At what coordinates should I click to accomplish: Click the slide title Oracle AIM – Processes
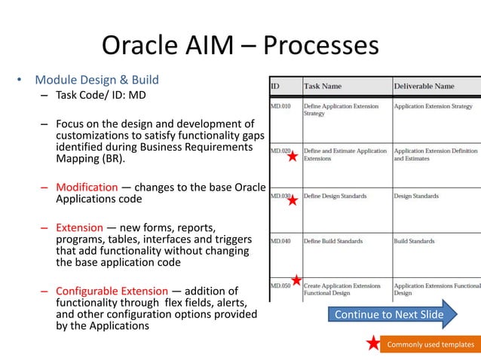pyautogui.click(x=240, y=46)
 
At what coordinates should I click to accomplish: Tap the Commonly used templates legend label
pyautogui.click(x=430, y=345)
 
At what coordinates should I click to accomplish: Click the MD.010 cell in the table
pyautogui.click(x=280, y=106)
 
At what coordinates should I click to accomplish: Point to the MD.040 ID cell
pyautogui.click(x=280, y=242)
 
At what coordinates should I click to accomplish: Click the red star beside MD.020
pyautogui.click(x=293, y=157)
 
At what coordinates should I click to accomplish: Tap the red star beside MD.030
pyautogui.click(x=293, y=200)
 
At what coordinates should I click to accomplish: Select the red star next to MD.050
pyautogui.click(x=296, y=281)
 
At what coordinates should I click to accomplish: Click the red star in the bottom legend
pyautogui.click(x=372, y=344)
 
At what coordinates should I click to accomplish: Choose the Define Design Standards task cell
pyautogui.click(x=335, y=197)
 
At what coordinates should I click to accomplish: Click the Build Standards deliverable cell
pyautogui.click(x=414, y=242)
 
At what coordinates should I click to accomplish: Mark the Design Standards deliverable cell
pyautogui.click(x=416, y=197)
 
